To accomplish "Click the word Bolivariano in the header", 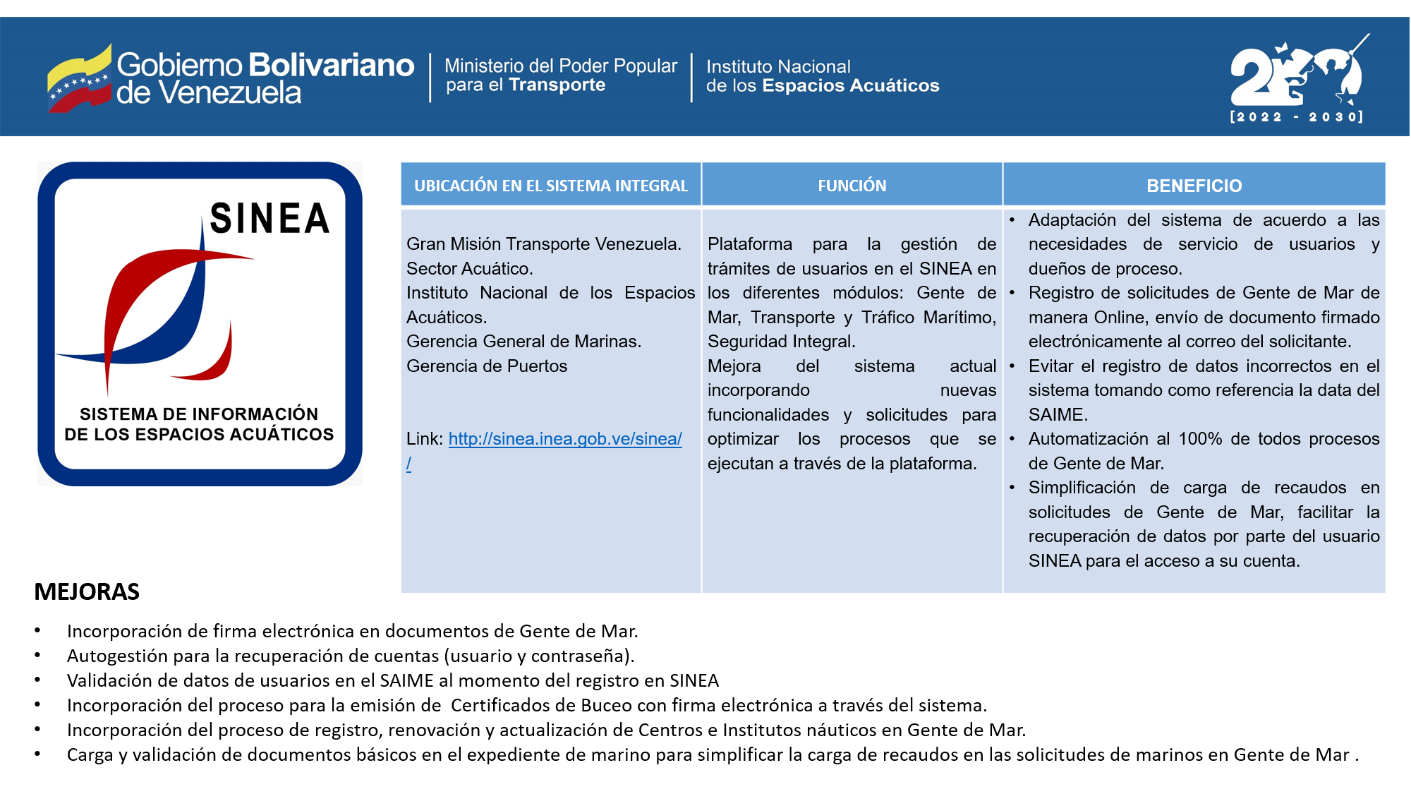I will point(331,65).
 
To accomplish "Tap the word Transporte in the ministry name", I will point(557,85).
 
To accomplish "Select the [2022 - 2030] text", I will point(1296,117).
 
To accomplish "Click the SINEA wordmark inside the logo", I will point(270,219).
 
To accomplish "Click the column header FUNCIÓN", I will point(852,186).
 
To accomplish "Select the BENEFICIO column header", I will point(1194,186).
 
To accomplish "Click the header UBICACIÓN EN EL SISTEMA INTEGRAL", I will point(550,186).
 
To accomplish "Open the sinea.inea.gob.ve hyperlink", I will point(564,439).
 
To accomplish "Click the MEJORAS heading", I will point(87,591).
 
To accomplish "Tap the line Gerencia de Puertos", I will point(487,366).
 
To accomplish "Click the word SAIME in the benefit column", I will point(1056,415).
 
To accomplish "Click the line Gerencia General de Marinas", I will point(523,342).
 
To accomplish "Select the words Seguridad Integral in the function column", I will point(780,342).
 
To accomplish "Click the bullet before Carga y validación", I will point(37,754).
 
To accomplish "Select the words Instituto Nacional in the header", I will point(778,67).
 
